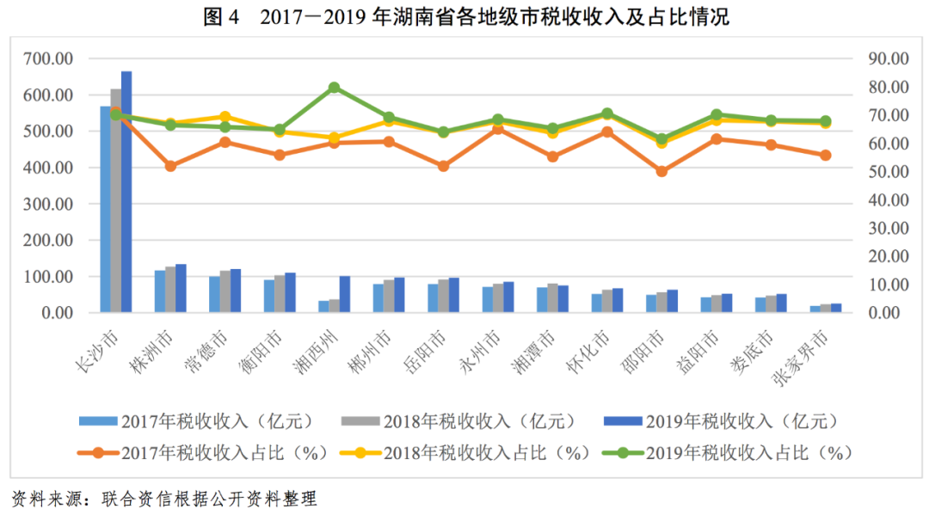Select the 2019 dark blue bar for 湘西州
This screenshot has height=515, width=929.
click(x=345, y=294)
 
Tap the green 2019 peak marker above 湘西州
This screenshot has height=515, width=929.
click(x=334, y=88)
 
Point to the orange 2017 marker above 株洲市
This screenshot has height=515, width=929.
click(x=170, y=166)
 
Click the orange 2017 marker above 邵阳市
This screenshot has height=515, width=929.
click(x=661, y=171)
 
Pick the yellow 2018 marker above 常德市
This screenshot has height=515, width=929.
click(x=225, y=116)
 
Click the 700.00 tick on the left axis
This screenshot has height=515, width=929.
click(x=49, y=59)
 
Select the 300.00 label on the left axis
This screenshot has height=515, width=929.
click(x=49, y=205)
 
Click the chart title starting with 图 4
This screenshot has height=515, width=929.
click(x=465, y=16)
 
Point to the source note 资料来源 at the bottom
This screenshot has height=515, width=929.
click(x=163, y=499)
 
